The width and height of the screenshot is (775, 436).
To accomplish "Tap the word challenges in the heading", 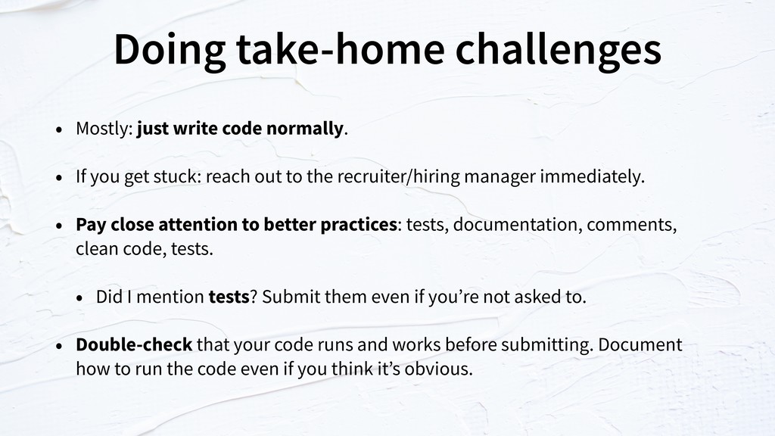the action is tap(558, 50).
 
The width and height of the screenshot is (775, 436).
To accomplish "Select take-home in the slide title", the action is tap(341, 49).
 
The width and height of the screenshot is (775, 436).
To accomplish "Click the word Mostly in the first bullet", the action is tap(102, 129).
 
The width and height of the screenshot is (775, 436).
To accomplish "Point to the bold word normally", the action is tap(304, 128).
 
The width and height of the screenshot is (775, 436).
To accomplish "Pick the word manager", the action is tap(500, 177).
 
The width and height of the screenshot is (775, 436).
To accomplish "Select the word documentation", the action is tap(515, 224).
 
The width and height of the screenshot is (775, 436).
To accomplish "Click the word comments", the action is tap(630, 225).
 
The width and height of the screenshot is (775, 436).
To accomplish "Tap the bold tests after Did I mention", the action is tap(229, 297).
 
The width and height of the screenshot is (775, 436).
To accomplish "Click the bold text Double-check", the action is tap(134, 344).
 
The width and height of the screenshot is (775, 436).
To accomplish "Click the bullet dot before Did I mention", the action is tap(79, 298).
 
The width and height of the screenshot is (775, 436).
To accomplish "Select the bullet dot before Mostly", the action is tap(59, 130).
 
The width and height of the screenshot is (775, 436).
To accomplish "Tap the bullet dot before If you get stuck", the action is tap(59, 178).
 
